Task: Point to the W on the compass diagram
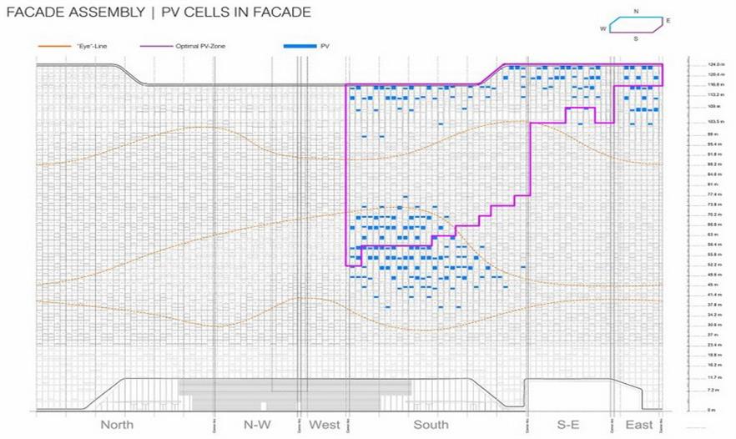pyautogui.click(x=602, y=28)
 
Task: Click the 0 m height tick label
pyautogui.click(x=711, y=410)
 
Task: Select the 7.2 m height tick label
pyautogui.click(x=711, y=390)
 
